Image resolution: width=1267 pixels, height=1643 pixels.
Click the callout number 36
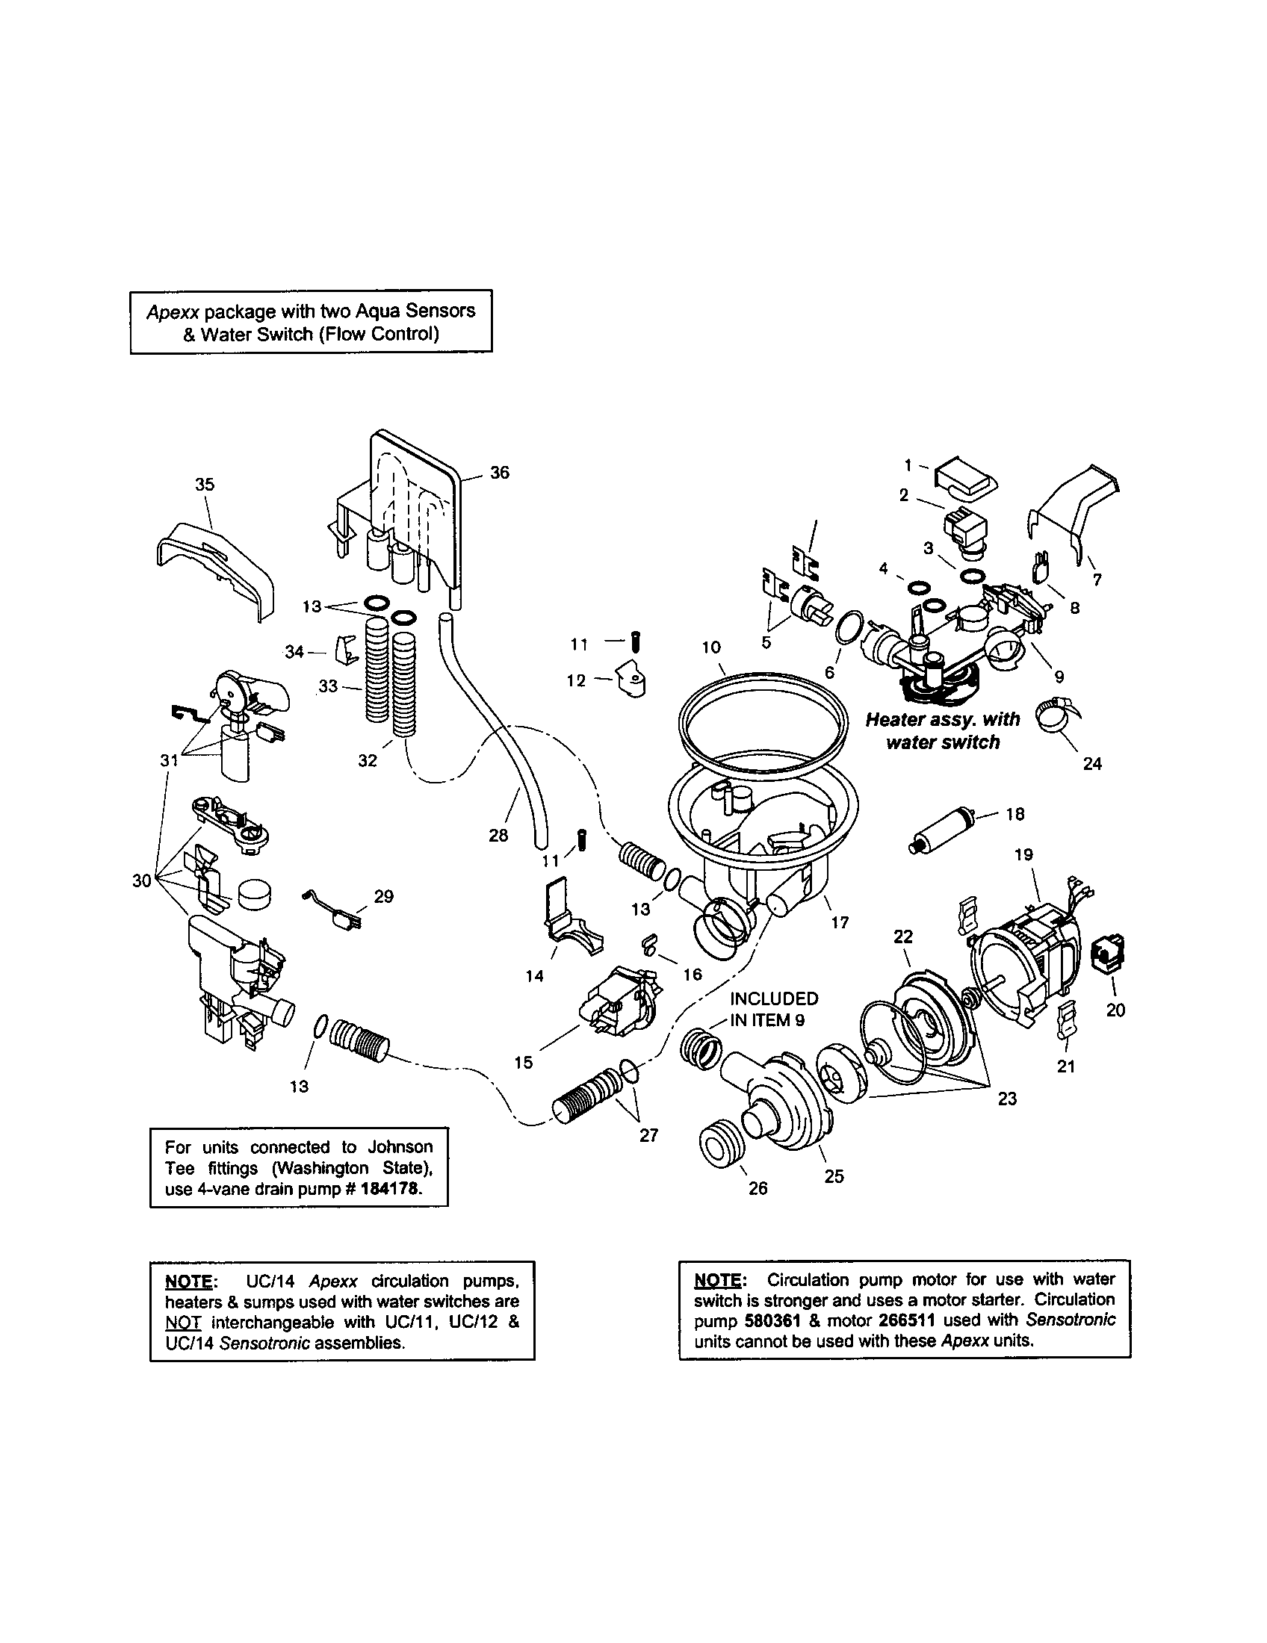pyautogui.click(x=500, y=473)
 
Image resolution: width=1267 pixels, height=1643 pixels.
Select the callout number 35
pyautogui.click(x=205, y=485)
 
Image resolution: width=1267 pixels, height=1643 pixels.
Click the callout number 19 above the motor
pyautogui.click(x=1024, y=854)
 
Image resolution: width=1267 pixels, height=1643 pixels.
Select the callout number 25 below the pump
pyautogui.click(x=834, y=1175)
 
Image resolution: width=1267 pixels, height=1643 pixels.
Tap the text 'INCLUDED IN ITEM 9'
pyautogui.click(x=773, y=1009)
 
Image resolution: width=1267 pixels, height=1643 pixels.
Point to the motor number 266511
pyautogui.click(x=907, y=1320)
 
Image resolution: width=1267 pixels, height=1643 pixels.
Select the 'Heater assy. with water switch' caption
pyautogui.click(x=943, y=730)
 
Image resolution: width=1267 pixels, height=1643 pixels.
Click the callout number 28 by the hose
pyautogui.click(x=498, y=835)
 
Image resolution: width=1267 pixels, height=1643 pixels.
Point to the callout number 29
pyautogui.click(x=384, y=897)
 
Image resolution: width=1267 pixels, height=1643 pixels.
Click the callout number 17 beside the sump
pyautogui.click(x=840, y=922)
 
